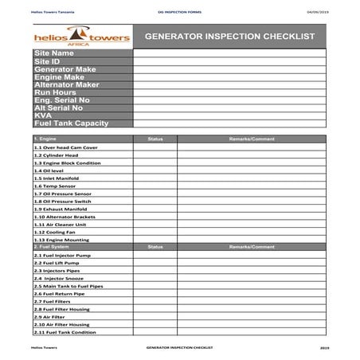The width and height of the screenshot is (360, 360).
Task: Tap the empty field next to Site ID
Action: tap(233, 61)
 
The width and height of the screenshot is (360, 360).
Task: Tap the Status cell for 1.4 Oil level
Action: tap(155, 170)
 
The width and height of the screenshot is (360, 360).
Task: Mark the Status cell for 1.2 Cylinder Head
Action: tap(155, 155)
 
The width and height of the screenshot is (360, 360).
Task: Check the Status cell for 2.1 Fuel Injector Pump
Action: tap(155, 255)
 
